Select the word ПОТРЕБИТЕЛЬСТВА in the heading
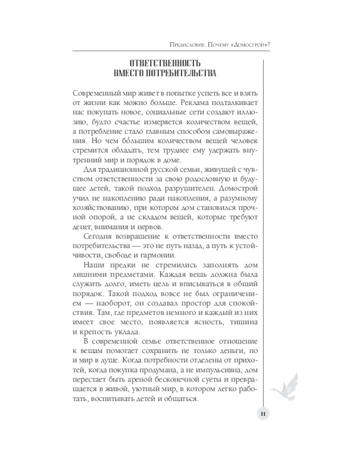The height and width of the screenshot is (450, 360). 181,73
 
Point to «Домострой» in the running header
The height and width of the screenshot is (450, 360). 250,44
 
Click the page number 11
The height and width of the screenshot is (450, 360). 264,414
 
